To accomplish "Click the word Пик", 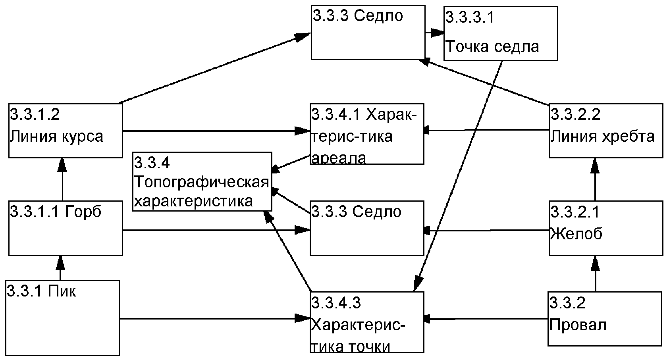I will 62,292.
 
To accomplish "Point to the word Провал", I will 578,325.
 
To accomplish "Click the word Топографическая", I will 202,182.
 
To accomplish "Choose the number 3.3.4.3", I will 336,302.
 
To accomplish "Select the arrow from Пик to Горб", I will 60,268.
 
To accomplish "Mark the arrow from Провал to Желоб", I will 595,274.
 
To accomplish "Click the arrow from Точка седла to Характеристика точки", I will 459,175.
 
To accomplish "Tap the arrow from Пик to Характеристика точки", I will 214,318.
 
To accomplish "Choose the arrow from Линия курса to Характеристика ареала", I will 216,131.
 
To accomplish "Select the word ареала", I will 339,158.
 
